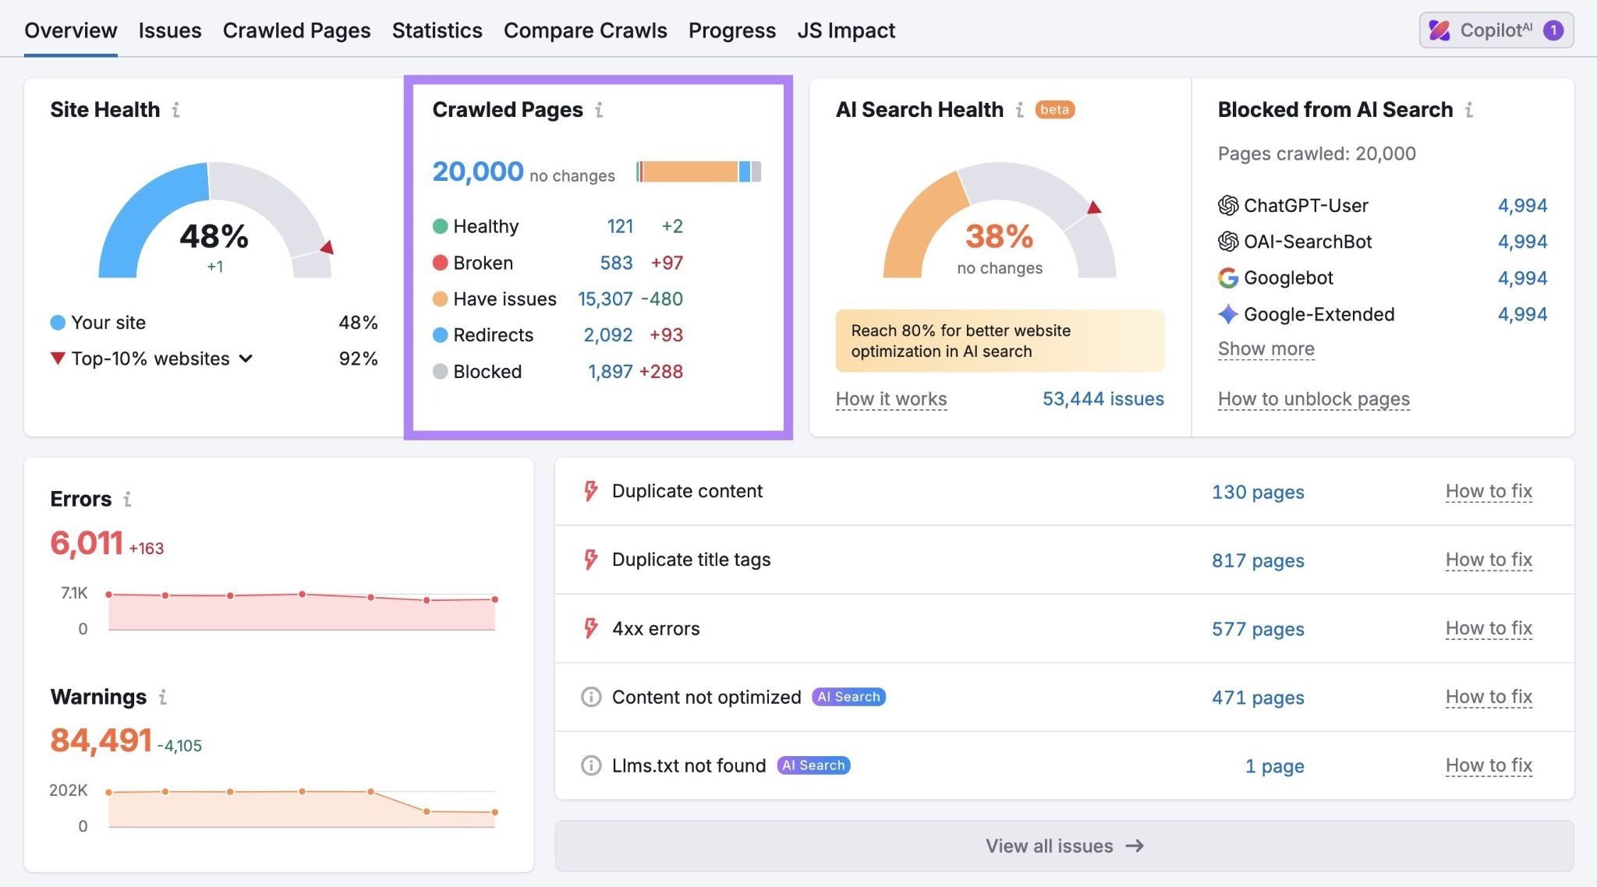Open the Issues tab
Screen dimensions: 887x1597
point(169,30)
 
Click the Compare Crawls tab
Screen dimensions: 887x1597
point(585,30)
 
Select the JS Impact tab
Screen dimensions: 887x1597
point(846,30)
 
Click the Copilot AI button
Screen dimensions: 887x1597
point(1496,30)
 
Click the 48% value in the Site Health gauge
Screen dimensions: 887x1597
point(214,236)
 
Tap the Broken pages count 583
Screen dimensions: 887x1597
point(616,263)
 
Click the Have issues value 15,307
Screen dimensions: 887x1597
point(605,299)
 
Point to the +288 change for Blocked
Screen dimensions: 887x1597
point(660,372)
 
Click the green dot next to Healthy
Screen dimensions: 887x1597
point(440,227)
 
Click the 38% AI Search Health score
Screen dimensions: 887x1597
point(999,236)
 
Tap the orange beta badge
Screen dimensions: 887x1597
point(1054,110)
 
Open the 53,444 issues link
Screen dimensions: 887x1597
point(1103,399)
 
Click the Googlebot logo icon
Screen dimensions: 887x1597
point(1228,278)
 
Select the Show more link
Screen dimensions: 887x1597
point(1266,349)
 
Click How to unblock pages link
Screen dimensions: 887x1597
point(1313,399)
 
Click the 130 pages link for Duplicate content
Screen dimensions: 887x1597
point(1257,492)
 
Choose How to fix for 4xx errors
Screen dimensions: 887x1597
point(1488,628)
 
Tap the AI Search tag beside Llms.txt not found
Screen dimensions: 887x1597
point(813,765)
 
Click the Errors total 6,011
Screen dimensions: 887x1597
point(87,543)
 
